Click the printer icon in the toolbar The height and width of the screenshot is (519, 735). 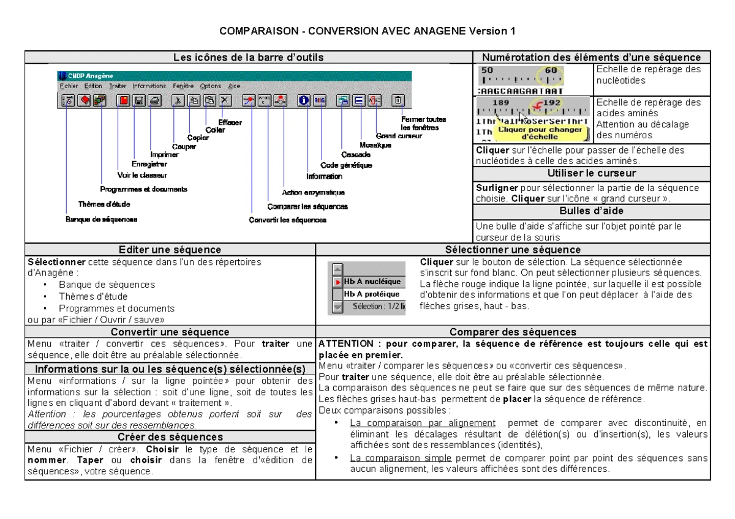point(155,100)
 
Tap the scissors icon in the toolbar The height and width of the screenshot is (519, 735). point(178,100)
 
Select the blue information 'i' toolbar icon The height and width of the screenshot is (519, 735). point(304,100)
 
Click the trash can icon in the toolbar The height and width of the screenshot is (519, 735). point(399,100)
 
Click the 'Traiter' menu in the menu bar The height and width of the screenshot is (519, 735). point(118,86)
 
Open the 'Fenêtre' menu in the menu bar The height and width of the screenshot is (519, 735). point(183,86)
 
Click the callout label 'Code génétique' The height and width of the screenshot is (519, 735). point(346,165)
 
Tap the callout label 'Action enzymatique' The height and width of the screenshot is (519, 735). point(314,192)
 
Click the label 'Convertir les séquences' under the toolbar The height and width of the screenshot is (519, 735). point(287,220)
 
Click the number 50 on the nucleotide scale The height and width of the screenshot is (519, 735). point(486,70)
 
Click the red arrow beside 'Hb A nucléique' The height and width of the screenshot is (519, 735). point(337,282)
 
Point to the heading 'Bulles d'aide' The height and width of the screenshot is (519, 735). point(587,211)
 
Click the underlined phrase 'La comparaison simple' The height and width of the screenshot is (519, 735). point(401,458)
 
